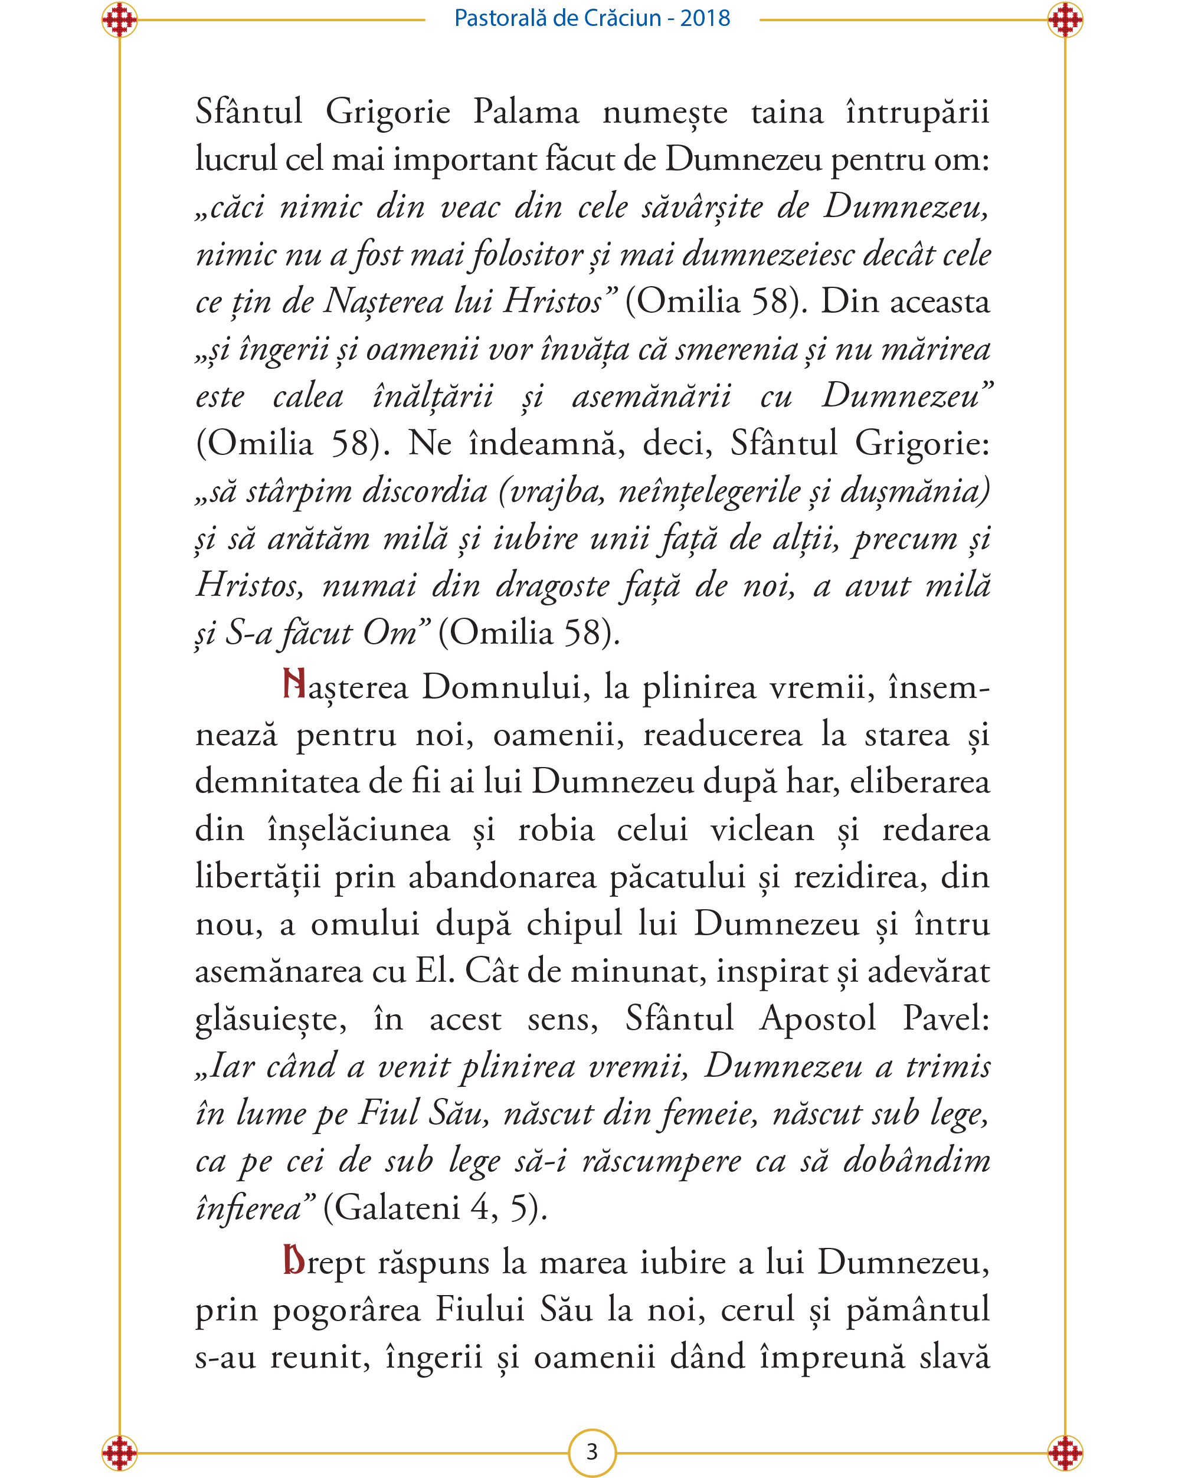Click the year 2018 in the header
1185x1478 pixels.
pyautogui.click(x=705, y=18)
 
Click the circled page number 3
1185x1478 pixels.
pyautogui.click(x=592, y=1451)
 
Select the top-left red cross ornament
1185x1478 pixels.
pyautogui.click(x=119, y=20)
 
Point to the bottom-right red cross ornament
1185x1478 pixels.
pyautogui.click(x=1065, y=1452)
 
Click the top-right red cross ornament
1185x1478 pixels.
pyautogui.click(x=1065, y=20)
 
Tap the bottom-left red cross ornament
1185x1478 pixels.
pyautogui.click(x=119, y=1452)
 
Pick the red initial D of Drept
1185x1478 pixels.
pyautogui.click(x=294, y=1260)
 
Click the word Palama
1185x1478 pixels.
pyautogui.click(x=526, y=112)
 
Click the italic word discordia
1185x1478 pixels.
pyautogui.click(x=424, y=491)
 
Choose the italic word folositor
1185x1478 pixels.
pyautogui.click(x=528, y=255)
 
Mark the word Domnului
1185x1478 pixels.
pyautogui.click(x=505, y=687)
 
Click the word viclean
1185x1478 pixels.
pyautogui.click(x=762, y=830)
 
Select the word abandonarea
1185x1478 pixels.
pyautogui.click(x=502, y=877)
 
